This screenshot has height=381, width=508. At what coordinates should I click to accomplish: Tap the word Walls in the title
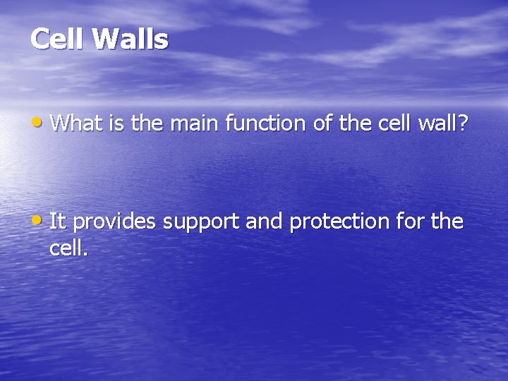pos(131,39)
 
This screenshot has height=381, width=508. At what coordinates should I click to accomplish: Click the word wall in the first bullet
pos(440,123)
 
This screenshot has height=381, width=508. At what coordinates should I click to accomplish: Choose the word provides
pos(115,223)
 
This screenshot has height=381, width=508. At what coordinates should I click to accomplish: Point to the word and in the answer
pos(265,222)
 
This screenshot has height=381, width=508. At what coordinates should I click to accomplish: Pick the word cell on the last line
pos(67,248)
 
